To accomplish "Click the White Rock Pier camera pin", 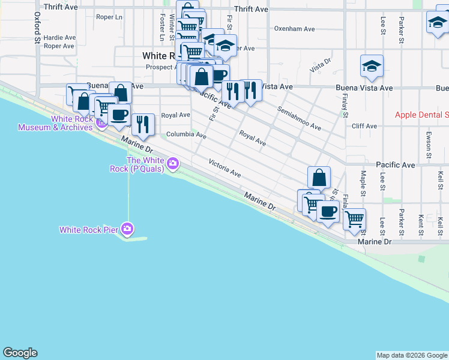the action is tap(127, 229).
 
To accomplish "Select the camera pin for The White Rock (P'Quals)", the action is tap(173, 163).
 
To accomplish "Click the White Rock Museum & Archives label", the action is tap(55, 123).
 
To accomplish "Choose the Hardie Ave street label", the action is tap(59, 37).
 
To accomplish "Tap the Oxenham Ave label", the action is tap(294, 28).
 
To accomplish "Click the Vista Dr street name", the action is tap(321, 65).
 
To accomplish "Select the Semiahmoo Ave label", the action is tap(299, 119).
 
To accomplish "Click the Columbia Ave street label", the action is tap(186, 135).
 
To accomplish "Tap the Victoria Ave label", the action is tap(224, 168).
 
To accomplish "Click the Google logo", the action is tap(20, 353).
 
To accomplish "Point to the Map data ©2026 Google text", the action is tap(412, 355).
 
